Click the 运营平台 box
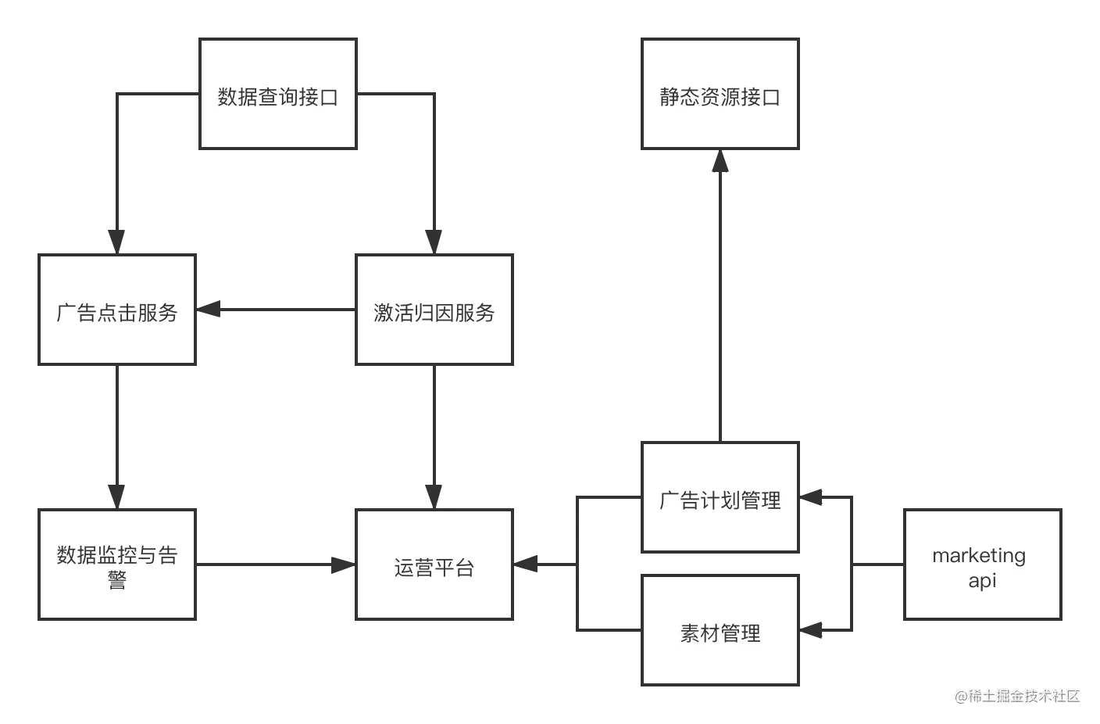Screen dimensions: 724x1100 (434, 566)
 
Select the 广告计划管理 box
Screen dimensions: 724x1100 (719, 498)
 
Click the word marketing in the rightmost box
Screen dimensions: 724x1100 (979, 555)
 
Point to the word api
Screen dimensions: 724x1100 (982, 580)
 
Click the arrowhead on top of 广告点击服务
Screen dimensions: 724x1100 (116, 238)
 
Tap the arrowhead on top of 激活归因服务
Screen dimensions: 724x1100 (434, 238)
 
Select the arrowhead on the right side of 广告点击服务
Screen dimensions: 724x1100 (212, 310)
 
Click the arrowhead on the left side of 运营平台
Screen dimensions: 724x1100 (341, 566)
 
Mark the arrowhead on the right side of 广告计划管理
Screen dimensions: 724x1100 (812, 496)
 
